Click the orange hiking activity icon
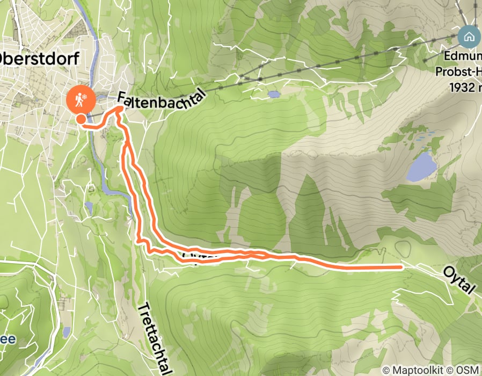point(81,98)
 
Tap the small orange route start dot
point(80,119)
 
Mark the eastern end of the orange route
point(401,266)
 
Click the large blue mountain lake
point(421,167)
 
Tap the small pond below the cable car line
point(274,95)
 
